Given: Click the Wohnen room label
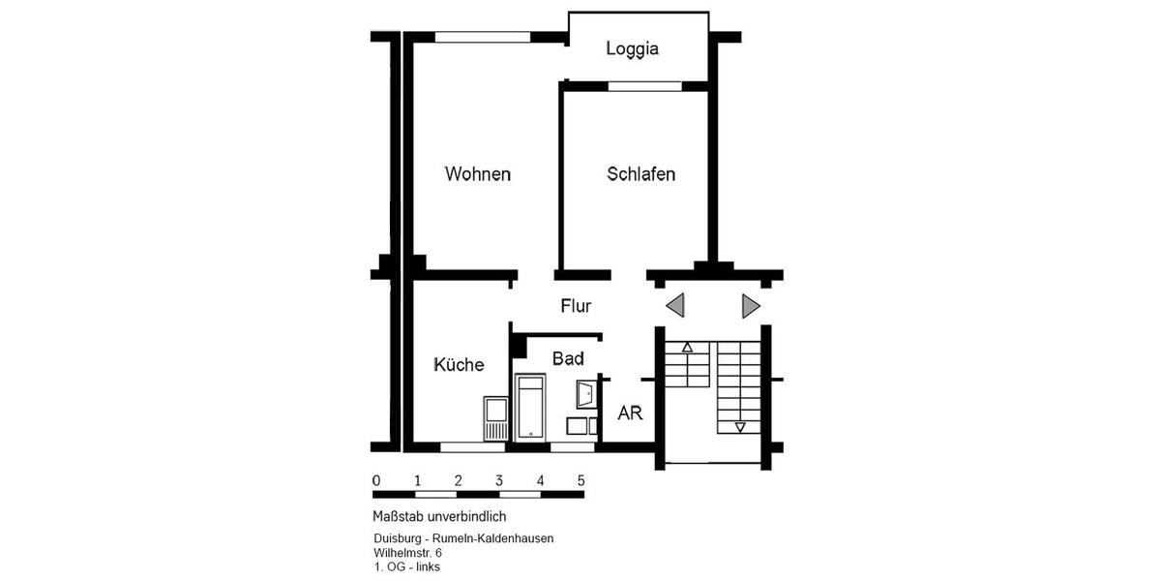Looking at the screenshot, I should pos(477,174).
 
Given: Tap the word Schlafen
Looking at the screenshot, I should pos(640,174).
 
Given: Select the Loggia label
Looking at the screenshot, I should pos(632,48).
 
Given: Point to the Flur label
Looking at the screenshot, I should pos(576,306).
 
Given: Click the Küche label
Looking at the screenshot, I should pos(459,365).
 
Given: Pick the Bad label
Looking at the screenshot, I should pos(568,359).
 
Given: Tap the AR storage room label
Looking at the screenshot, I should pos(630,413).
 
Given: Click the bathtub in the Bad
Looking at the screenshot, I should pos(531,410).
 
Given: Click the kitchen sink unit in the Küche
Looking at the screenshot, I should pos(495,418).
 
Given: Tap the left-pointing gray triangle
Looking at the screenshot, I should pos(675,306).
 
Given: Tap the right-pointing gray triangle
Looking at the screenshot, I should pos(751,306).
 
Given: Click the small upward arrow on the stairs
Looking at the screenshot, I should pos(688,346).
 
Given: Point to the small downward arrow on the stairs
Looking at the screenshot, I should pos(740,427).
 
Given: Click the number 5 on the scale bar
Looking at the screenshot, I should pos(580,480).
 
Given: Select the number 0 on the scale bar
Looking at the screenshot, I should pos(375,480).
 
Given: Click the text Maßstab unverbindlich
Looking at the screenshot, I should pos(439,516).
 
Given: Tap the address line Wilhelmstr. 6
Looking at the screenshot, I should pos(407,552).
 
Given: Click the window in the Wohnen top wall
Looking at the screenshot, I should pos(482,38).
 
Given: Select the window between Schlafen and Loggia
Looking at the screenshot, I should pos(644,86).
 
